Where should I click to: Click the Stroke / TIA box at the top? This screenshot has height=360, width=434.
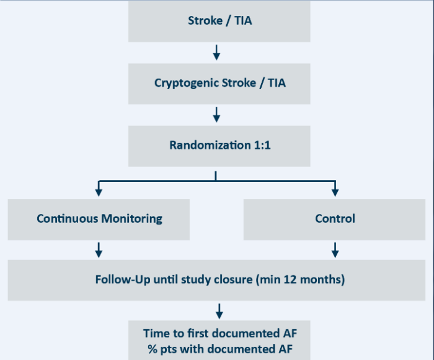coord(219,21)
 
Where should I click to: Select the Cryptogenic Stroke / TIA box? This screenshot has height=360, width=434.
coord(219,83)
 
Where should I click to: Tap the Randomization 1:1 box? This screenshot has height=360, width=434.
coord(219,145)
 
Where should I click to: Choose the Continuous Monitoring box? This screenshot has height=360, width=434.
coord(99,218)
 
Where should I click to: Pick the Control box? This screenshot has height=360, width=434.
coord(335,218)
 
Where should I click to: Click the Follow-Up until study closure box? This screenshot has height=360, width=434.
coord(219,279)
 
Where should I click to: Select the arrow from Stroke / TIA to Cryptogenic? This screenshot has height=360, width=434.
coord(216,52)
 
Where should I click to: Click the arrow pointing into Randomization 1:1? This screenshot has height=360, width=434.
coord(216,114)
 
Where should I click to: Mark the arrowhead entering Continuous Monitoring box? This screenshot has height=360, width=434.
coord(99,192)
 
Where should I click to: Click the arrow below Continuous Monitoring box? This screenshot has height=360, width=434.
coord(99,250)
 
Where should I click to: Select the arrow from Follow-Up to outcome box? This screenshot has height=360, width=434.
coord(219,310)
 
